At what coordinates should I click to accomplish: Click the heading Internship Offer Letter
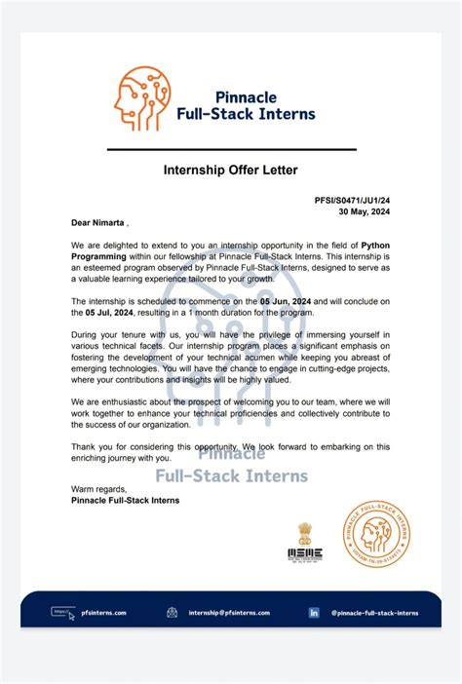click(232, 171)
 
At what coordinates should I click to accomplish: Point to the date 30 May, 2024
click(365, 211)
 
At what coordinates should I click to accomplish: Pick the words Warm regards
click(98, 488)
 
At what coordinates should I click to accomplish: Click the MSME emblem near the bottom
click(304, 542)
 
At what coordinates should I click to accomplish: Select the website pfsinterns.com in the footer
click(103, 613)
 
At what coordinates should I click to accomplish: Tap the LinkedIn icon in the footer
click(314, 613)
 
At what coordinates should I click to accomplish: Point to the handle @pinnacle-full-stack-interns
click(375, 613)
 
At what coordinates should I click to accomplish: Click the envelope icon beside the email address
click(172, 613)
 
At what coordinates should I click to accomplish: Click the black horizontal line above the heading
click(231, 149)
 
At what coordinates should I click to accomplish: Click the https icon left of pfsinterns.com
click(62, 613)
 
